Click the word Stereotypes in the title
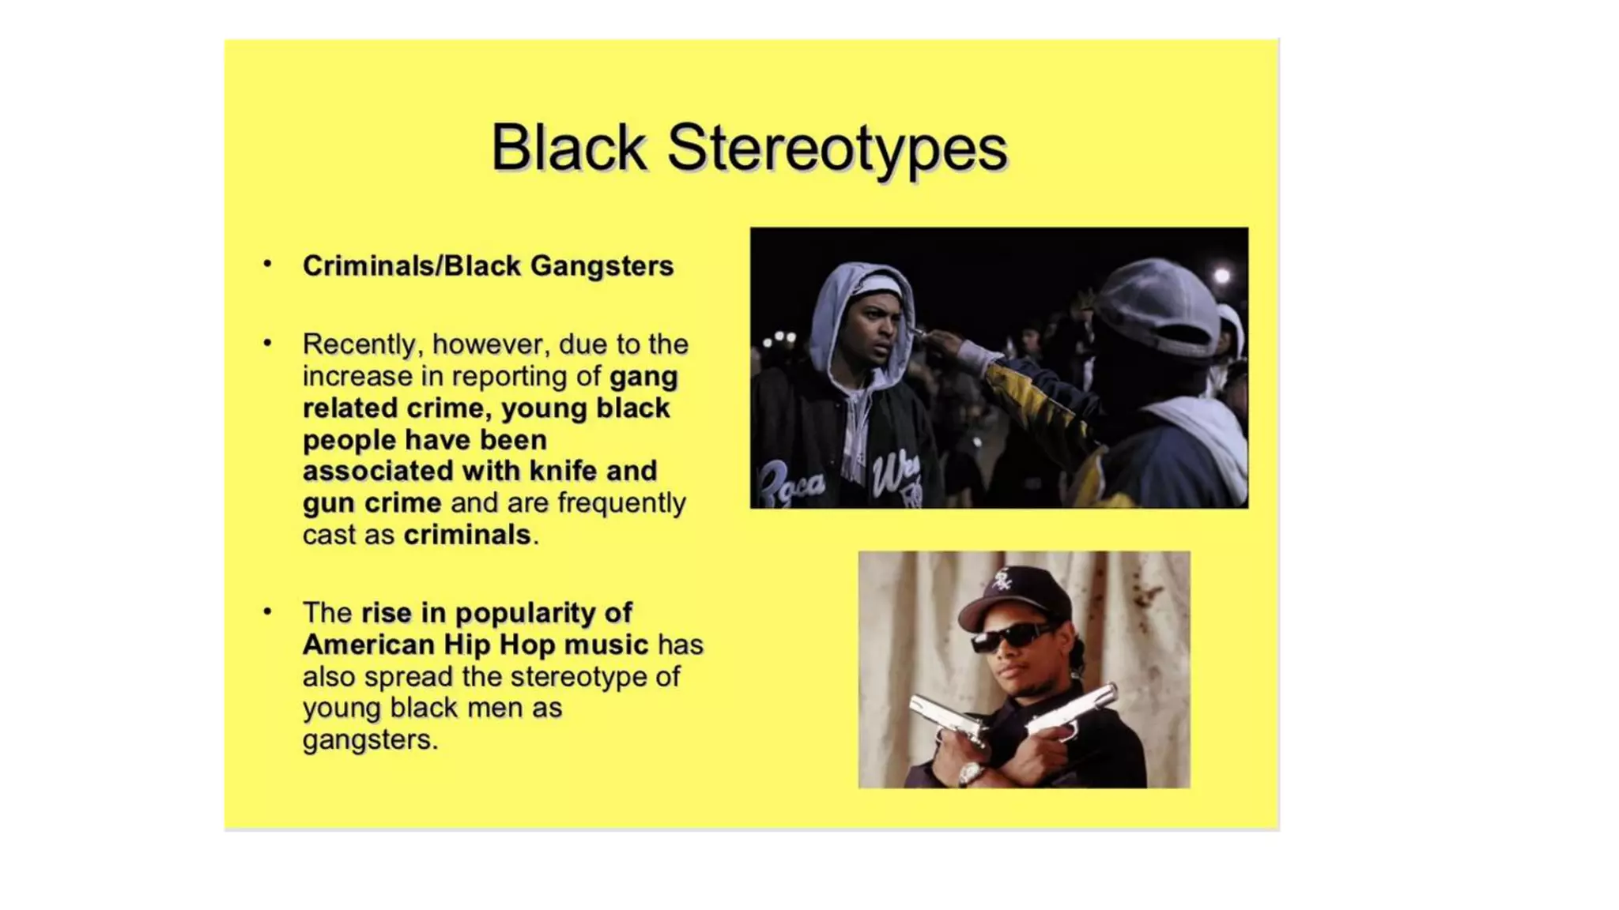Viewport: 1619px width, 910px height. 837,148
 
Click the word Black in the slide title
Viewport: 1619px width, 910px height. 568,148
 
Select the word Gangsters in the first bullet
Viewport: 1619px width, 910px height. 602,266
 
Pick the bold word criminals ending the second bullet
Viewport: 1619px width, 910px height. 467,535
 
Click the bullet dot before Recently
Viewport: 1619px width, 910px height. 268,343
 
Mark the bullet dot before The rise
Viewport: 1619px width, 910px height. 268,611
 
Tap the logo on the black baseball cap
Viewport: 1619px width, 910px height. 1002,581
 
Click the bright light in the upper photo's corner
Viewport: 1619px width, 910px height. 1222,276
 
